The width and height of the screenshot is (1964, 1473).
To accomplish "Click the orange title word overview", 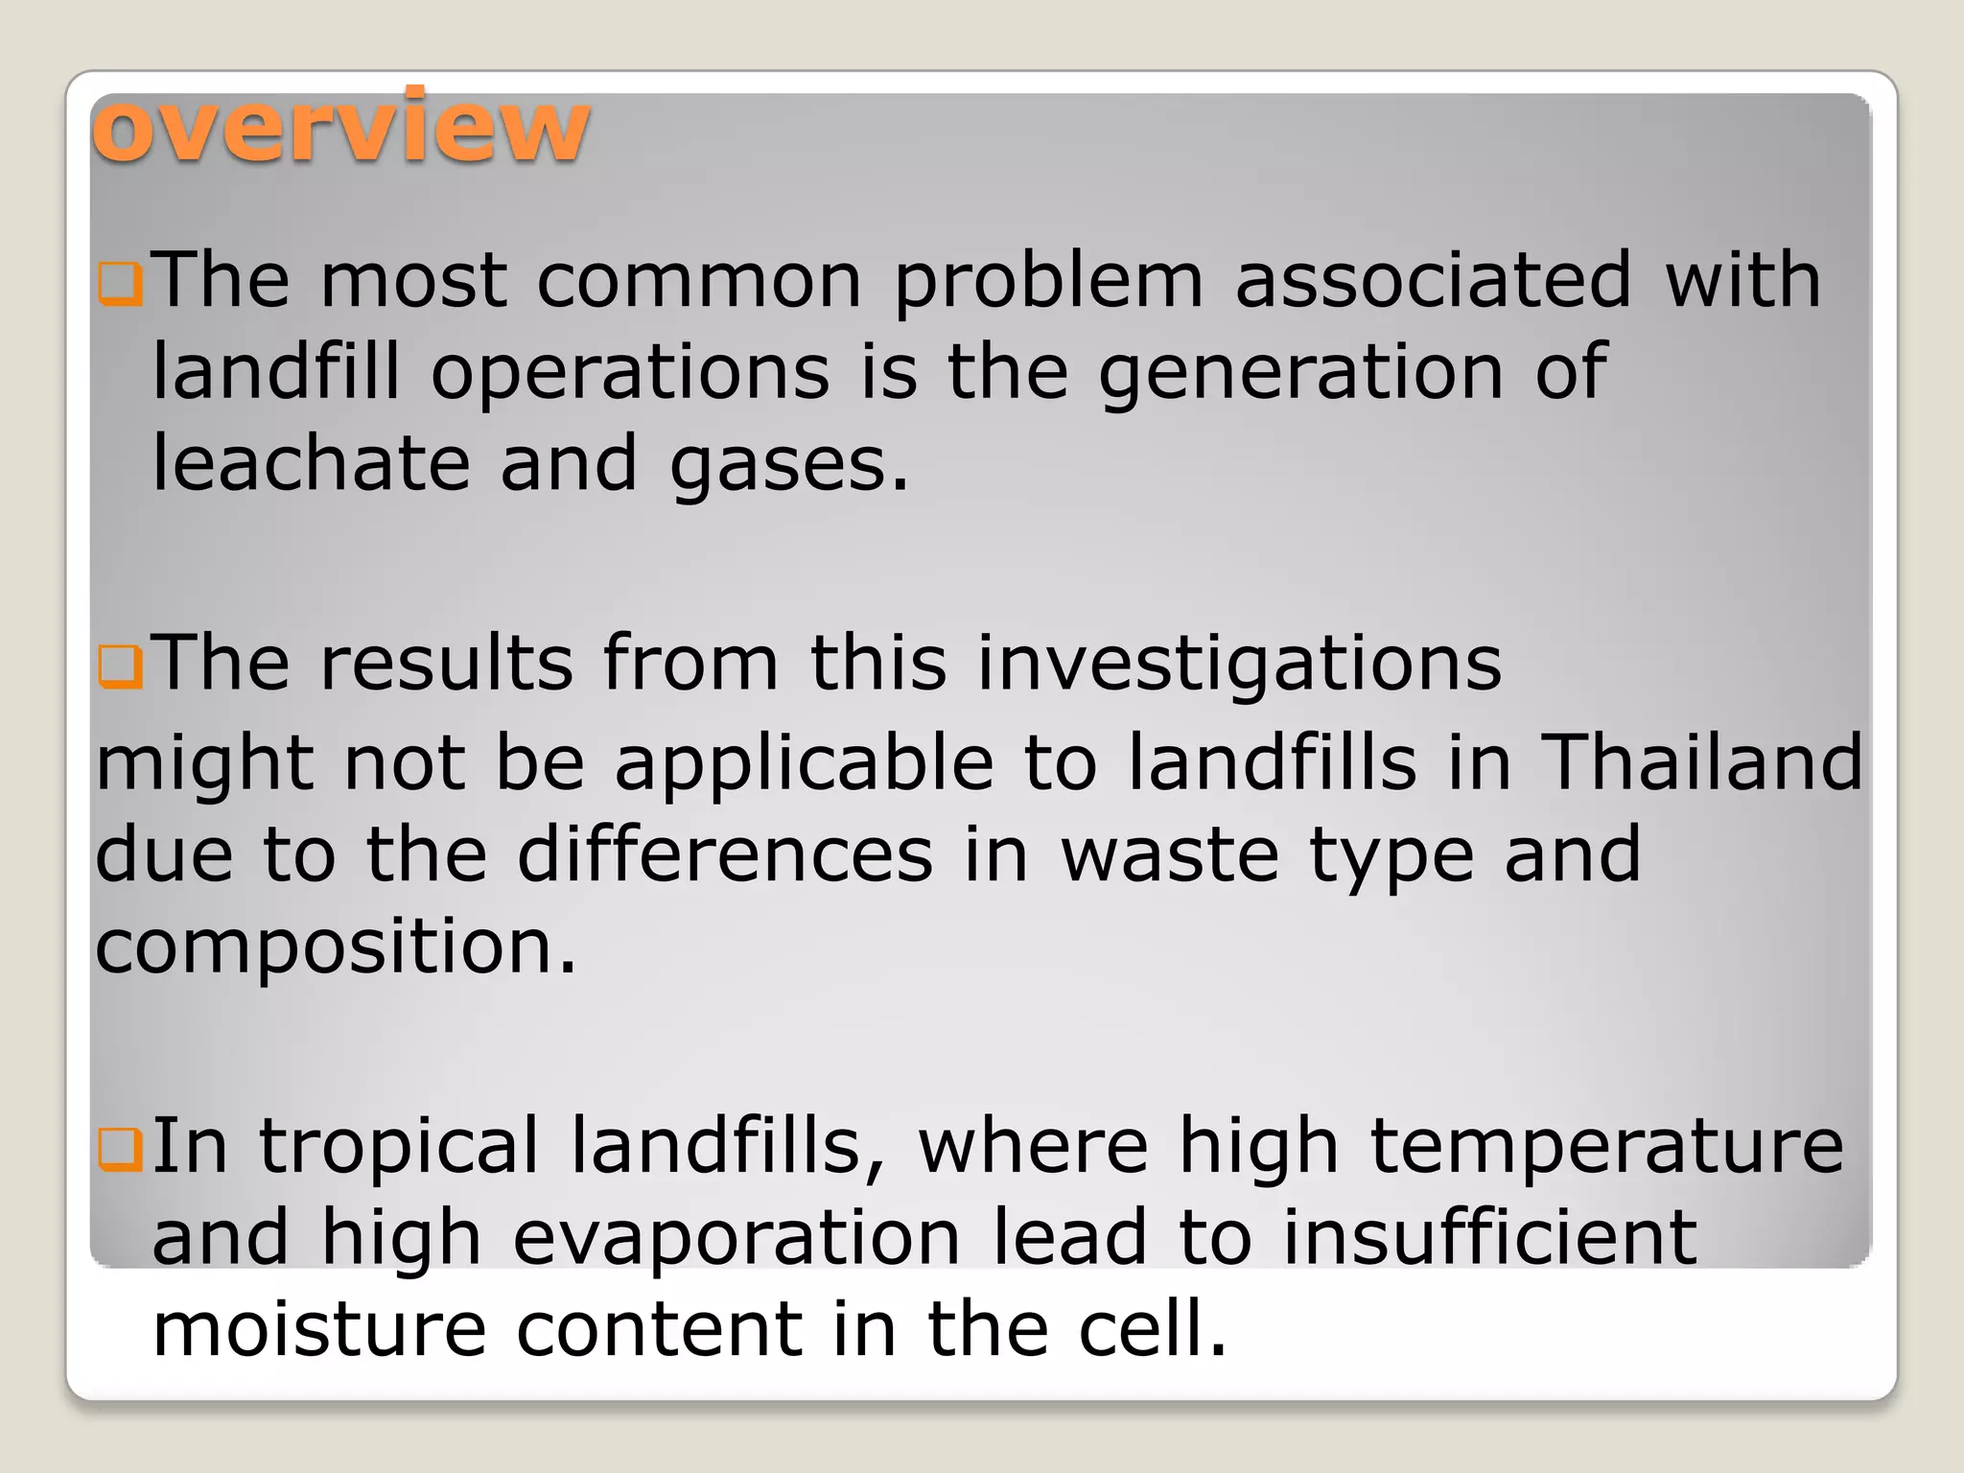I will [340, 128].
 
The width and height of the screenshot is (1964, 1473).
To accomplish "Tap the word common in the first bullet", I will [699, 280].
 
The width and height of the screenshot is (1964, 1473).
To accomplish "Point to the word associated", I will [1433, 280].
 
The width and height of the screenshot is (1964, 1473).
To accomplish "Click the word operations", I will [630, 373].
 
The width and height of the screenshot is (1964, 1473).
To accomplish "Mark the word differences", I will [725, 853].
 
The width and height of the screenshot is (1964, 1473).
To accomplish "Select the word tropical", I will [399, 1147].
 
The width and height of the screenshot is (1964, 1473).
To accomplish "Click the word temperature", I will [1606, 1147].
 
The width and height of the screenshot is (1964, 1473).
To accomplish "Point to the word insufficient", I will [1489, 1237].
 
